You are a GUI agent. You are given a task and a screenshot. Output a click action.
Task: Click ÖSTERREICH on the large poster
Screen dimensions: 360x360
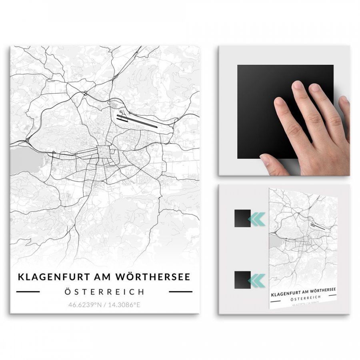click(x=104, y=292)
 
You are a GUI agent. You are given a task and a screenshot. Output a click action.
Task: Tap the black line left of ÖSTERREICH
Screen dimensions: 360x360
click(x=28, y=292)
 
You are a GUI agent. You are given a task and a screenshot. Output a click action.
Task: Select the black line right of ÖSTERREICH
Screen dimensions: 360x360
click(x=180, y=292)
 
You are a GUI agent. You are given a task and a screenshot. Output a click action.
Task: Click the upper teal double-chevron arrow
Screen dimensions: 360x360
click(x=256, y=218)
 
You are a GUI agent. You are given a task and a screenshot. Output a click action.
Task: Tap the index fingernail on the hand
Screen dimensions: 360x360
click(x=297, y=85)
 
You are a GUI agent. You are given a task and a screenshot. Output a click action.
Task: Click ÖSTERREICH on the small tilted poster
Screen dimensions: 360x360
click(x=303, y=299)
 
